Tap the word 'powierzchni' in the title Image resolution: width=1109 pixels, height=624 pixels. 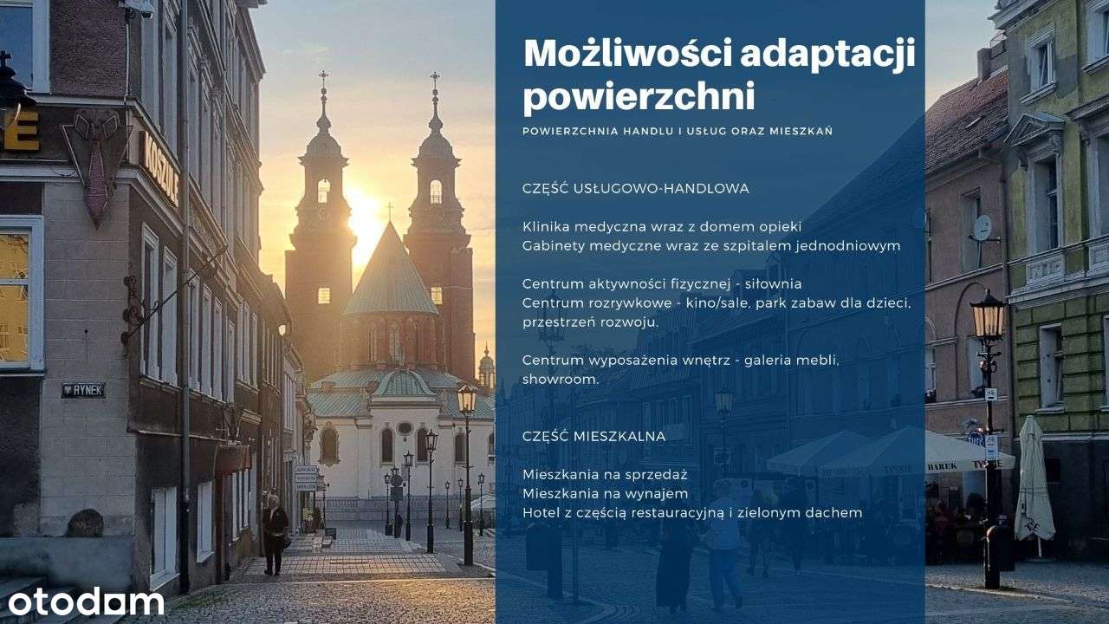click(x=639, y=97)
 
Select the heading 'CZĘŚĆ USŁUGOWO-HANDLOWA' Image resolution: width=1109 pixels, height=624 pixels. click(x=636, y=188)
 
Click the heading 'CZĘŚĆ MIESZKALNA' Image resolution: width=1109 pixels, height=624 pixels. click(x=593, y=436)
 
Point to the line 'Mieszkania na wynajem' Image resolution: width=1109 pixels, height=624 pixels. click(x=605, y=494)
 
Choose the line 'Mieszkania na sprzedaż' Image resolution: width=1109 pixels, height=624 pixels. click(x=605, y=475)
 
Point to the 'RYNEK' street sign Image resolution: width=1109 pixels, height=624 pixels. click(x=83, y=391)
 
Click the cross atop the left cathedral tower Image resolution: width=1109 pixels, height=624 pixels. click(x=323, y=78)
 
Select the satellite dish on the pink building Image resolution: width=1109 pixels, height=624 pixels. click(x=982, y=227)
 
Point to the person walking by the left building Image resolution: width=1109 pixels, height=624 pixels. click(x=275, y=534)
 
